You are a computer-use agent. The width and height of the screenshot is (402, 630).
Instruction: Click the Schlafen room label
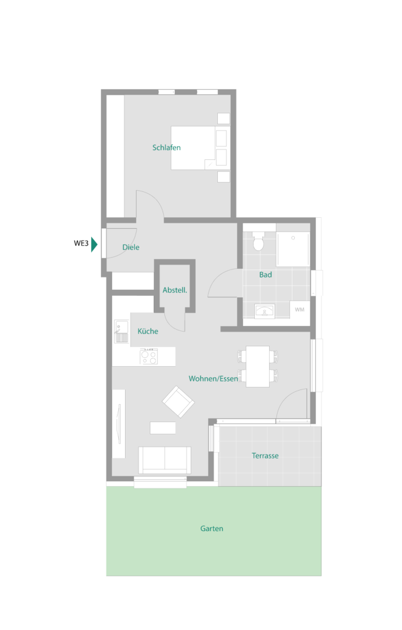pos(166,148)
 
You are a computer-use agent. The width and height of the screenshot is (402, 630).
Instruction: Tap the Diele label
pos(131,247)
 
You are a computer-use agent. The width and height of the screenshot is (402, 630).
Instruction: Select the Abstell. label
pos(175,290)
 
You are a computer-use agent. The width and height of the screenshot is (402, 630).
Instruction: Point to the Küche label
pos(148,331)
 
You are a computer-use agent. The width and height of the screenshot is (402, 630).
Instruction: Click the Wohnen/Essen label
pos(213,378)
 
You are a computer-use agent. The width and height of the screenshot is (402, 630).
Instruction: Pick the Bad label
pos(265,274)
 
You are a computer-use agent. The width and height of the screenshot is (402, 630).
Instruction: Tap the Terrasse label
pos(265,456)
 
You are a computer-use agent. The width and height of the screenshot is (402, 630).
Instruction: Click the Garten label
pos(211,528)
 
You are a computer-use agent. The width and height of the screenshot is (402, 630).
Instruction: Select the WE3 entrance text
pos(81,243)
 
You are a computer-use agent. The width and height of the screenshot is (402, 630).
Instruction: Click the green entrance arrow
pos(94,244)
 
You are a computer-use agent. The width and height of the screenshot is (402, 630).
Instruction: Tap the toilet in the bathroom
pos(258,241)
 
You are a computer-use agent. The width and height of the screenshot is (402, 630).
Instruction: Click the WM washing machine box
pos(300,310)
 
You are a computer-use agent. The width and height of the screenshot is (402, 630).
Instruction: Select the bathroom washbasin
pos(265,311)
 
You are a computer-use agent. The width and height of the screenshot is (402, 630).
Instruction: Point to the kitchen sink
pos(121,332)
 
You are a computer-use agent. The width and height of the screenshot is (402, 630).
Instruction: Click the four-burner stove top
pos(148,356)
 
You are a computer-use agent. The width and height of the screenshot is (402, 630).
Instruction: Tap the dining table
pos(258,367)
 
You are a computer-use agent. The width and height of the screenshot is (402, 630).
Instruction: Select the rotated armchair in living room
pos(178,401)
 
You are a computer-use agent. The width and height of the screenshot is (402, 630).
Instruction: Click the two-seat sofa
pos(164,460)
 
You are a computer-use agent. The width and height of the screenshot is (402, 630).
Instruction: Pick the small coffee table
pos(163,428)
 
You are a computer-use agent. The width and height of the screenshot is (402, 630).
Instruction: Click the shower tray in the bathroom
pos(293,249)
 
